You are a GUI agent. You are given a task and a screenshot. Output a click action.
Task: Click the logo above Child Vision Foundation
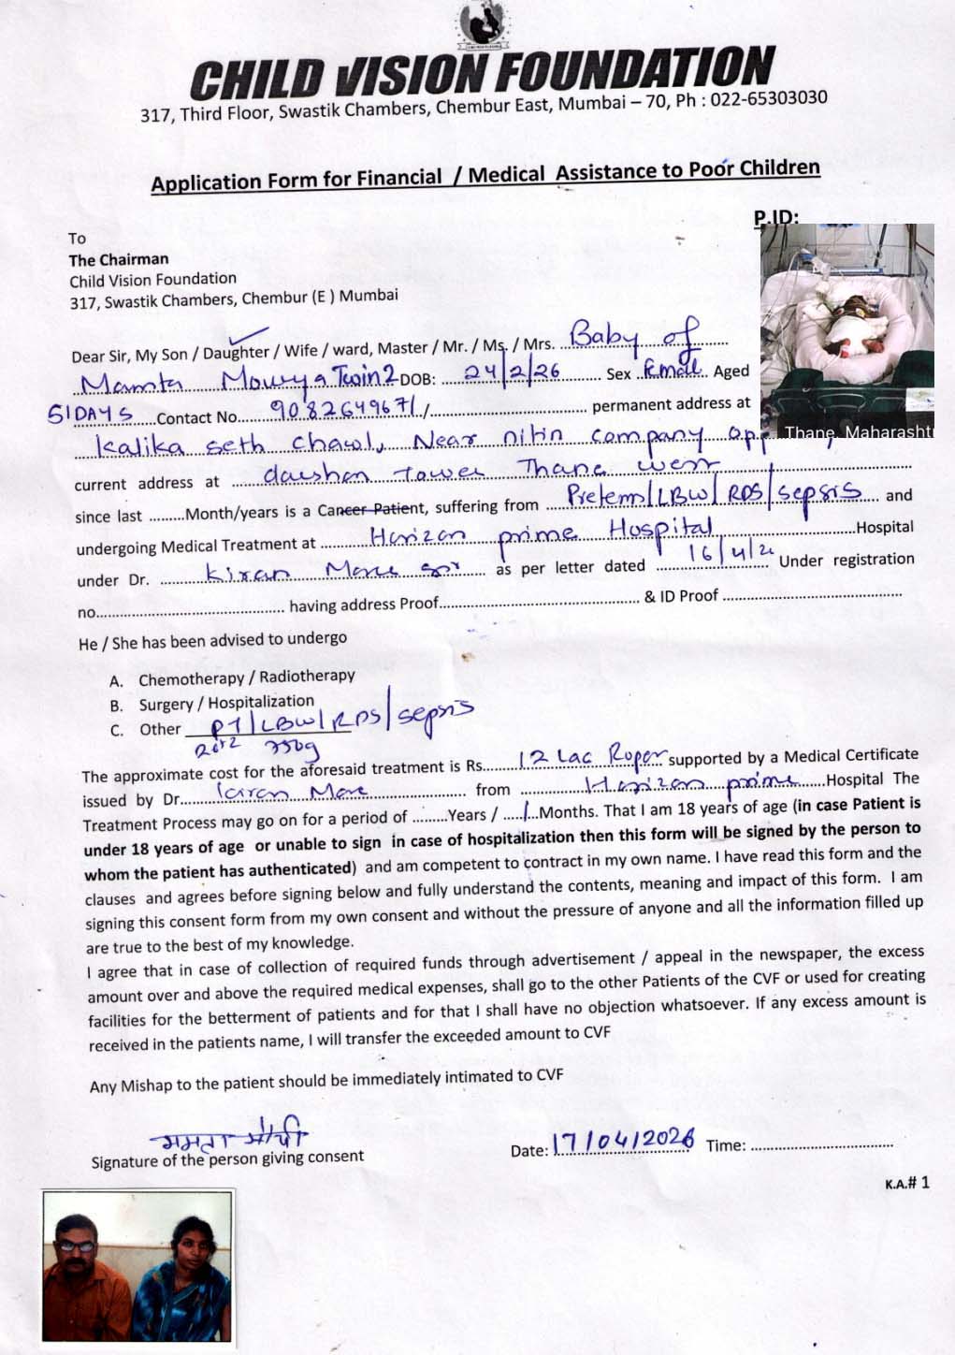pos(480,25)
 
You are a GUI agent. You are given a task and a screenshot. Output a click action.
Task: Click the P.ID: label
pos(775,217)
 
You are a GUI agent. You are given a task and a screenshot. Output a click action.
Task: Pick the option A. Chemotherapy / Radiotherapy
pos(246,677)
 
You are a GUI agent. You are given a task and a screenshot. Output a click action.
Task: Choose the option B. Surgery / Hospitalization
pos(225,703)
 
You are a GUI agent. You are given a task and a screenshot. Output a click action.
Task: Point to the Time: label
pos(725,1145)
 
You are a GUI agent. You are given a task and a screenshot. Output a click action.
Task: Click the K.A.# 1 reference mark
pos(906,1183)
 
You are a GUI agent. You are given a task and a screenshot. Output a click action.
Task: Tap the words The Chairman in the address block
pos(119,259)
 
